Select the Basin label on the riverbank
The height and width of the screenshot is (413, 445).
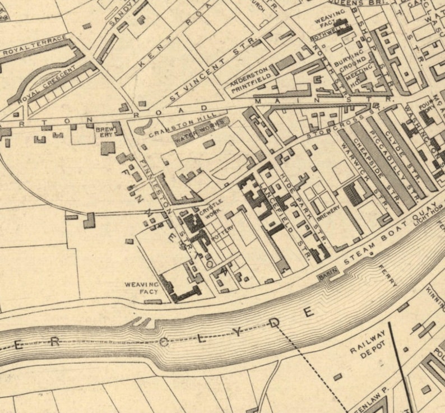(x=326, y=275)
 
